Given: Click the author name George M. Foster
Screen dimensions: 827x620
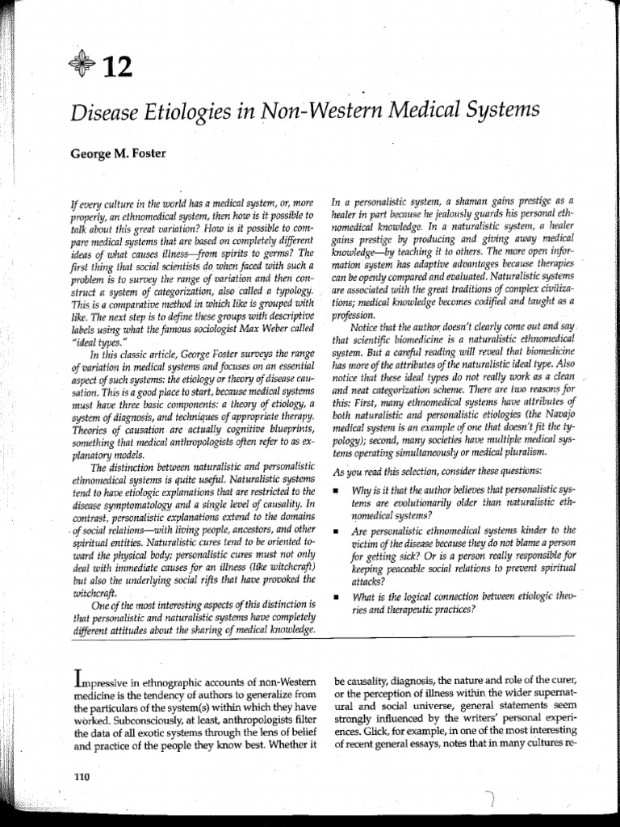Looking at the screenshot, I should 116,152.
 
